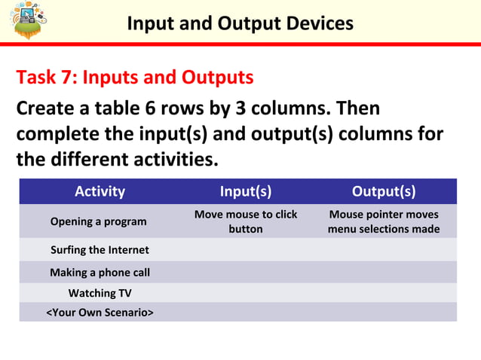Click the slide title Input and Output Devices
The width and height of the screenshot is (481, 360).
240,23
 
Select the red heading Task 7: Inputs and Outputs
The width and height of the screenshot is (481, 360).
134,78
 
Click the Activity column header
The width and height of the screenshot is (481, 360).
100,191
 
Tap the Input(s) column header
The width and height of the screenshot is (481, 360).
246,191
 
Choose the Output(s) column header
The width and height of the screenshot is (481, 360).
383,191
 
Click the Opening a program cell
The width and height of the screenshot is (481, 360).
98,221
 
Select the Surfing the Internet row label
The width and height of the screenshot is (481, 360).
100,250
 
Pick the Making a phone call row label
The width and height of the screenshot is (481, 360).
100,272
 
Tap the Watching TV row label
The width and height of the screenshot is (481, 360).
100,292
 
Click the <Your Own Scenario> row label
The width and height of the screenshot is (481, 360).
100,312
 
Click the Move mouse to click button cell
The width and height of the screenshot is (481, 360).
246,221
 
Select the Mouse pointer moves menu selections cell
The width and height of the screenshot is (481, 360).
383,221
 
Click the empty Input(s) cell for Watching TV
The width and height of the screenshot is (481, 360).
246,292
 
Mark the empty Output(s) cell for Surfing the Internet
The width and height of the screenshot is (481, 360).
383,250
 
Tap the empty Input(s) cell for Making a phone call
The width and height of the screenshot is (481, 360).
246,272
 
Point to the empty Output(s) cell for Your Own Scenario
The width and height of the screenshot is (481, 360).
383,312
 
